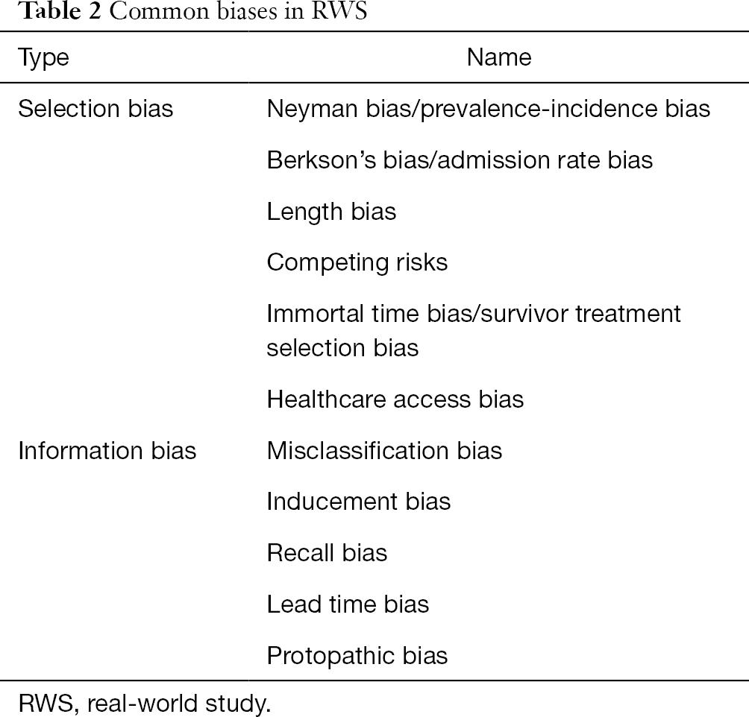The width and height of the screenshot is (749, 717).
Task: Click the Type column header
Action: click(x=43, y=58)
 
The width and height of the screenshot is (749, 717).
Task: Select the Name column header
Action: click(x=498, y=57)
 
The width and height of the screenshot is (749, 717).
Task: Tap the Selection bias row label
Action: click(x=95, y=108)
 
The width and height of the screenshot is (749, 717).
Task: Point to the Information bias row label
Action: click(x=107, y=451)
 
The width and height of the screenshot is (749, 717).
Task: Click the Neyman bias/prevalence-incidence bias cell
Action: click(x=488, y=110)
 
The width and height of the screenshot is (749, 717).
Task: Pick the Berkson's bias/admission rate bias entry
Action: click(x=460, y=160)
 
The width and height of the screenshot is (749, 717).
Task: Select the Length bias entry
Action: click(x=331, y=212)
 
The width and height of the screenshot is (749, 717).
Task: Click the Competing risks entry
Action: click(x=357, y=263)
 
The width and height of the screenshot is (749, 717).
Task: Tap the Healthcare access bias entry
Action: click(x=395, y=399)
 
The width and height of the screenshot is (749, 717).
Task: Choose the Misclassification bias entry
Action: click(x=384, y=451)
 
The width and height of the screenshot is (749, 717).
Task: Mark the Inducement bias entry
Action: click(x=358, y=502)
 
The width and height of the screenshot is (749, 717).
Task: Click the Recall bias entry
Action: click(x=327, y=553)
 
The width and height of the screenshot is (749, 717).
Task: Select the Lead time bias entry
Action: click(x=348, y=604)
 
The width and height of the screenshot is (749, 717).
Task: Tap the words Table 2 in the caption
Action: click(x=60, y=11)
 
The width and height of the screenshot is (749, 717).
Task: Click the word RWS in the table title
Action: click(x=339, y=11)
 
